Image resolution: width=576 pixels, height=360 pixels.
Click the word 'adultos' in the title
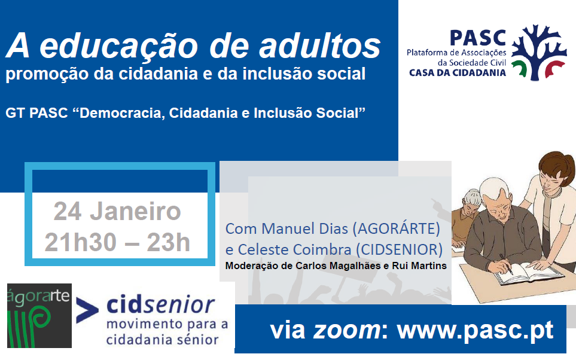tap(319, 46)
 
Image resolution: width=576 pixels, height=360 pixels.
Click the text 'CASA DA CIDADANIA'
tap(458, 72)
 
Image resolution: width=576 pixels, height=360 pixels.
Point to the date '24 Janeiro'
tap(117, 211)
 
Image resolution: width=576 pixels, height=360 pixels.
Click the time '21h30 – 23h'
tap(117, 242)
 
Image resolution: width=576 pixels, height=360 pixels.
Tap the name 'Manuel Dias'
tap(305, 228)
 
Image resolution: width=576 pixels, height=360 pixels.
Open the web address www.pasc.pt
tap(476, 330)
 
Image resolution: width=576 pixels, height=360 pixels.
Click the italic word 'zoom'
tap(347, 330)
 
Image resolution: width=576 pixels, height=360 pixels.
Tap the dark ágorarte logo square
tap(39, 316)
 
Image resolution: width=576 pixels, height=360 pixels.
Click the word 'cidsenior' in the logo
tap(160, 304)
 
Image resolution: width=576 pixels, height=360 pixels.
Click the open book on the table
tap(529, 273)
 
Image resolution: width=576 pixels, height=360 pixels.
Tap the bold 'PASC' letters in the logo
tap(478, 38)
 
